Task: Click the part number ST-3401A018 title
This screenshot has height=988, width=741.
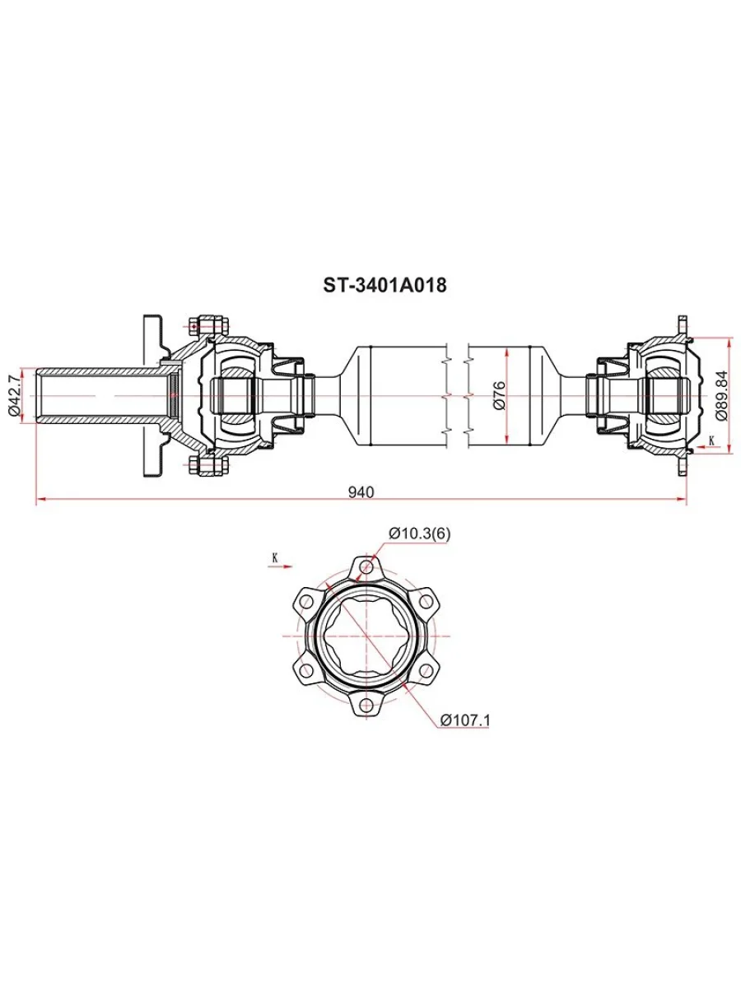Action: coord(384,285)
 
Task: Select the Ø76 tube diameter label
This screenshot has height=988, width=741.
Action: coord(500,395)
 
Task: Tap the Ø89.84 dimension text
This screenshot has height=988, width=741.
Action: coord(721,395)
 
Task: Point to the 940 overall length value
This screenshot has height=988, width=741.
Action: coord(361,492)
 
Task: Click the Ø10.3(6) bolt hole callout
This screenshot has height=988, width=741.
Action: coord(419,534)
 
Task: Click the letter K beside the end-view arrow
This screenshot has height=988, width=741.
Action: coord(275,558)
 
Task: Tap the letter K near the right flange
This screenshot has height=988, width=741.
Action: coord(711,440)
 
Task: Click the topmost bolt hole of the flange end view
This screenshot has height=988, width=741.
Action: coord(366,566)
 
